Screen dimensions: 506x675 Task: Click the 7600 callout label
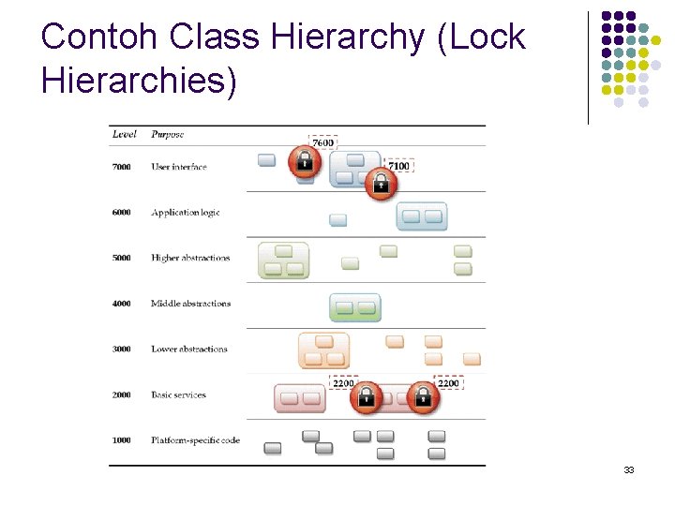click(322, 142)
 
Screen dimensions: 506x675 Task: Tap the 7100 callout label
click(398, 167)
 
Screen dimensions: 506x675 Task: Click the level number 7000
click(122, 167)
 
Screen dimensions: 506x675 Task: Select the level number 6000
click(122, 213)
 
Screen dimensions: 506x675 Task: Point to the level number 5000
click(122, 258)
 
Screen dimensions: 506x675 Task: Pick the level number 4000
click(122, 304)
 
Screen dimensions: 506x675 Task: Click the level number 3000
click(122, 350)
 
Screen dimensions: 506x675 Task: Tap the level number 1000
click(122, 440)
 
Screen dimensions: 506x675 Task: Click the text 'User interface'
click(178, 167)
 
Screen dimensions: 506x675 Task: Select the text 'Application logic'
click(186, 213)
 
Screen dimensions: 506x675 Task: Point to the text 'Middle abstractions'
click(190, 304)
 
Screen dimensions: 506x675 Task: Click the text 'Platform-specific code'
click(195, 440)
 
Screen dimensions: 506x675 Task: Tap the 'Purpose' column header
click(167, 134)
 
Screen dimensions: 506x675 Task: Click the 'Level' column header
click(124, 134)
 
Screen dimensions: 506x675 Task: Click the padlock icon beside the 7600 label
click(304, 162)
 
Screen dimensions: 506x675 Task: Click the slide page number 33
click(628, 469)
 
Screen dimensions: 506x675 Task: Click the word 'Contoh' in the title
click(99, 37)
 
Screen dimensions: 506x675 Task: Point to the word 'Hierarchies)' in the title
click(140, 81)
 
